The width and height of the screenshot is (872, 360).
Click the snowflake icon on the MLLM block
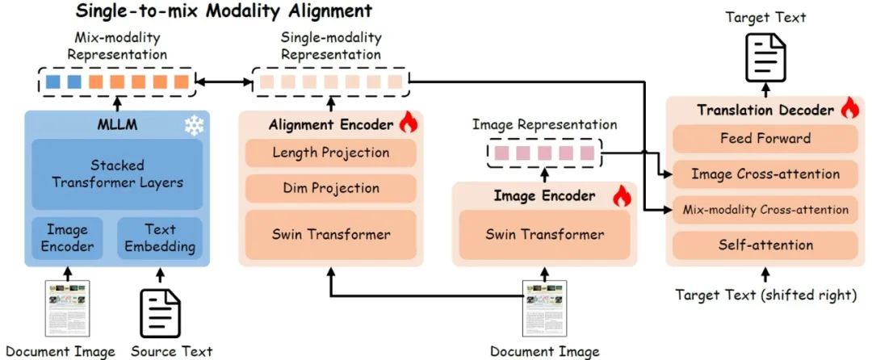(x=194, y=124)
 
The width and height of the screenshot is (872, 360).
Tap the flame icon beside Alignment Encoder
(x=407, y=124)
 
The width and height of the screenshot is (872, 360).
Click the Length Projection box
(x=331, y=153)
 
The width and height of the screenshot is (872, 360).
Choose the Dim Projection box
(x=331, y=188)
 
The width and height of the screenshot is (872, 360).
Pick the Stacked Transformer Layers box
(x=117, y=173)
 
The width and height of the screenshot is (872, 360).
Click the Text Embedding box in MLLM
(x=159, y=237)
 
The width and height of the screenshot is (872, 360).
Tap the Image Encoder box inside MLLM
(x=67, y=237)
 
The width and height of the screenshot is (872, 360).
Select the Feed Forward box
(x=765, y=138)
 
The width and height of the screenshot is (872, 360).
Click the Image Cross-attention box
(x=765, y=174)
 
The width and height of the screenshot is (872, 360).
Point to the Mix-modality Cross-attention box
(x=765, y=209)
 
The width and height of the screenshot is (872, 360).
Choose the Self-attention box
(x=765, y=245)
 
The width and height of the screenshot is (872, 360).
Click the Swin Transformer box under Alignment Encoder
(x=331, y=235)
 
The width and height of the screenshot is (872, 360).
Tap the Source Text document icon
(x=160, y=312)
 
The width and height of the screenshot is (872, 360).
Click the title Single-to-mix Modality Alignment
(x=224, y=11)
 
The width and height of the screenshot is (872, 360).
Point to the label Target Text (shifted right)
(x=765, y=295)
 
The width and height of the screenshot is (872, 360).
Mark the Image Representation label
(x=544, y=125)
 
